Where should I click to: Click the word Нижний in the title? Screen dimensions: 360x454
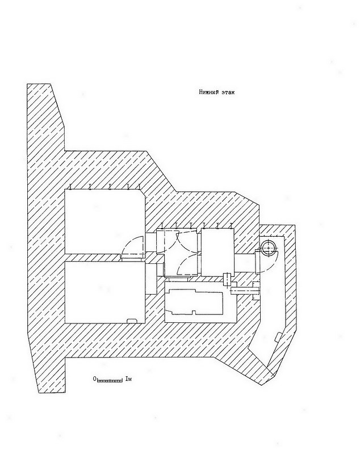click(208, 93)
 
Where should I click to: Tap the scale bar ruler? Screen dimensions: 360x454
click(110, 380)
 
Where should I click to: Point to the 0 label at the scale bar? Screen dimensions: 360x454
click(94, 379)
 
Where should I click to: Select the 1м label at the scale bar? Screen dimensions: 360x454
click(128, 379)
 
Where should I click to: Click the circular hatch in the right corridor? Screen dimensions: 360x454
click(268, 248)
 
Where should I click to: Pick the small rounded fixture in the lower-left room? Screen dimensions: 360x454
click(132, 320)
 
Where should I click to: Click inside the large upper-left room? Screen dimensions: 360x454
click(104, 221)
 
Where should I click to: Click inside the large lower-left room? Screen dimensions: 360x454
click(104, 292)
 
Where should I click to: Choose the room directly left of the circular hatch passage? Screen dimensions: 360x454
click(217, 252)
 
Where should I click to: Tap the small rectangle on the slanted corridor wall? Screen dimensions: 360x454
click(278, 337)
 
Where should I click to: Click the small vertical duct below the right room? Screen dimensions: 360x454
click(227, 279)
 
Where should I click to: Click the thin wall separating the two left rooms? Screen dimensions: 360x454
click(93, 258)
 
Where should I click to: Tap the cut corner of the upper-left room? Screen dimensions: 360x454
click(141, 193)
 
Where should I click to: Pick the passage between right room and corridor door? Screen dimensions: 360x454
click(244, 263)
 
